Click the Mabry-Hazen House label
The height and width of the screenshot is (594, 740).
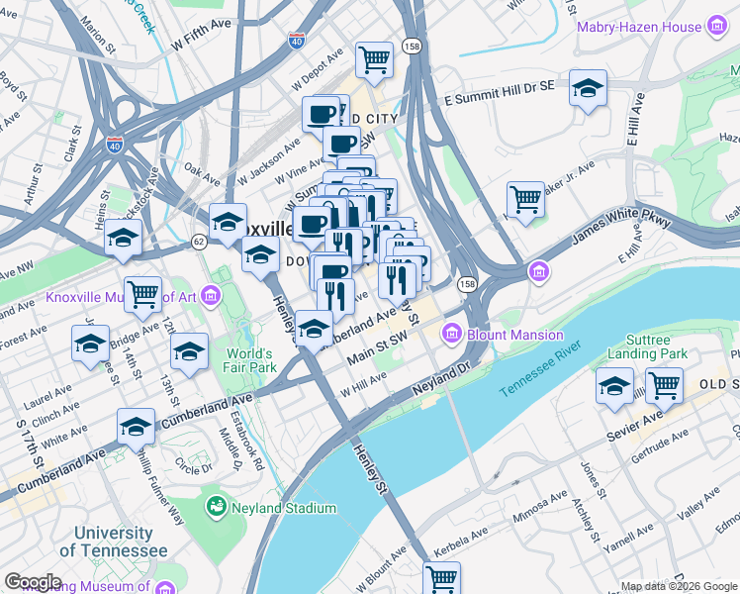tap(639, 28)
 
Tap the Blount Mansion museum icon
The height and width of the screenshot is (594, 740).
tap(453, 334)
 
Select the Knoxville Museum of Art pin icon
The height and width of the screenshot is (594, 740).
tap(210, 295)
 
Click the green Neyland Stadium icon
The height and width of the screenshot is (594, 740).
tap(215, 508)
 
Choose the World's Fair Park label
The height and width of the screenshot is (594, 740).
tap(249, 360)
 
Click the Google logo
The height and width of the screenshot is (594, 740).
tap(33, 582)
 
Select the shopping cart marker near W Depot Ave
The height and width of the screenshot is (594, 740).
tap(375, 60)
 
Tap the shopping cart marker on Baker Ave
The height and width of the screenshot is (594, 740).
tap(525, 199)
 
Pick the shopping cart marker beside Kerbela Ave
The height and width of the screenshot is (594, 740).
tap(441, 578)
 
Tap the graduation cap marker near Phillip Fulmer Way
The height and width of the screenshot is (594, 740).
tap(137, 427)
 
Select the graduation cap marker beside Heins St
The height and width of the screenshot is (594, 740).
tap(124, 238)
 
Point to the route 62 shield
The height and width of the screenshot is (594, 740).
tap(199, 241)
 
